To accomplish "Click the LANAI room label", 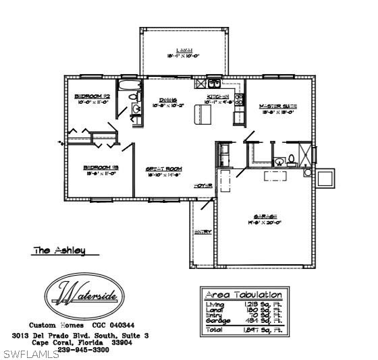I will click(184, 51).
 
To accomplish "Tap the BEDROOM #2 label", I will click(92, 96).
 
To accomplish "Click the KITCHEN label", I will click(218, 98).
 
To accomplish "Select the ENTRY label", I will click(202, 232).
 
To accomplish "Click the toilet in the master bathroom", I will click(291, 160).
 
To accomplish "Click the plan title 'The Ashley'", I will click(60, 250).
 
